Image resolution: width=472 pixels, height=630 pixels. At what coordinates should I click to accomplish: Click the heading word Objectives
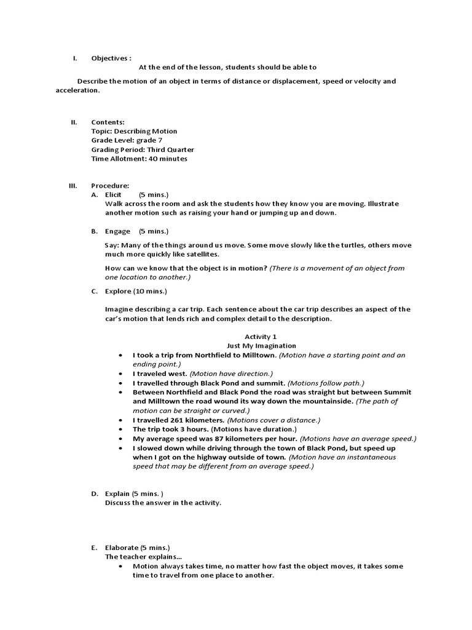click(109, 58)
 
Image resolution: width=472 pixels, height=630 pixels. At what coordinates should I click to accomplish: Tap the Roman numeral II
click(73, 122)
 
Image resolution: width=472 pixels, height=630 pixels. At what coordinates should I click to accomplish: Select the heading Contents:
click(108, 122)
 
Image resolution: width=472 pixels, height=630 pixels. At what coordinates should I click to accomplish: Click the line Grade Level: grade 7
click(127, 140)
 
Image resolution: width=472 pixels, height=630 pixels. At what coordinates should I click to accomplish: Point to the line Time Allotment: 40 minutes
click(139, 158)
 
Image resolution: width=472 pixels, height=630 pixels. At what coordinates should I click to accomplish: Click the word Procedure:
click(110, 185)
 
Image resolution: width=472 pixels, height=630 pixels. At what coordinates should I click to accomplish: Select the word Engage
click(117, 231)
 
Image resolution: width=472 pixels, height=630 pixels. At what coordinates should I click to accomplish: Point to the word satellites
click(199, 254)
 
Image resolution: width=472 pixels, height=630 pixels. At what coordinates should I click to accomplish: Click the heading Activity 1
click(261, 337)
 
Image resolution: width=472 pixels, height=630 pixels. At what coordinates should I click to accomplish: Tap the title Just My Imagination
click(261, 346)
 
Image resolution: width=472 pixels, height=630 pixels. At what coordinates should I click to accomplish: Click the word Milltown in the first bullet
click(259, 356)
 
